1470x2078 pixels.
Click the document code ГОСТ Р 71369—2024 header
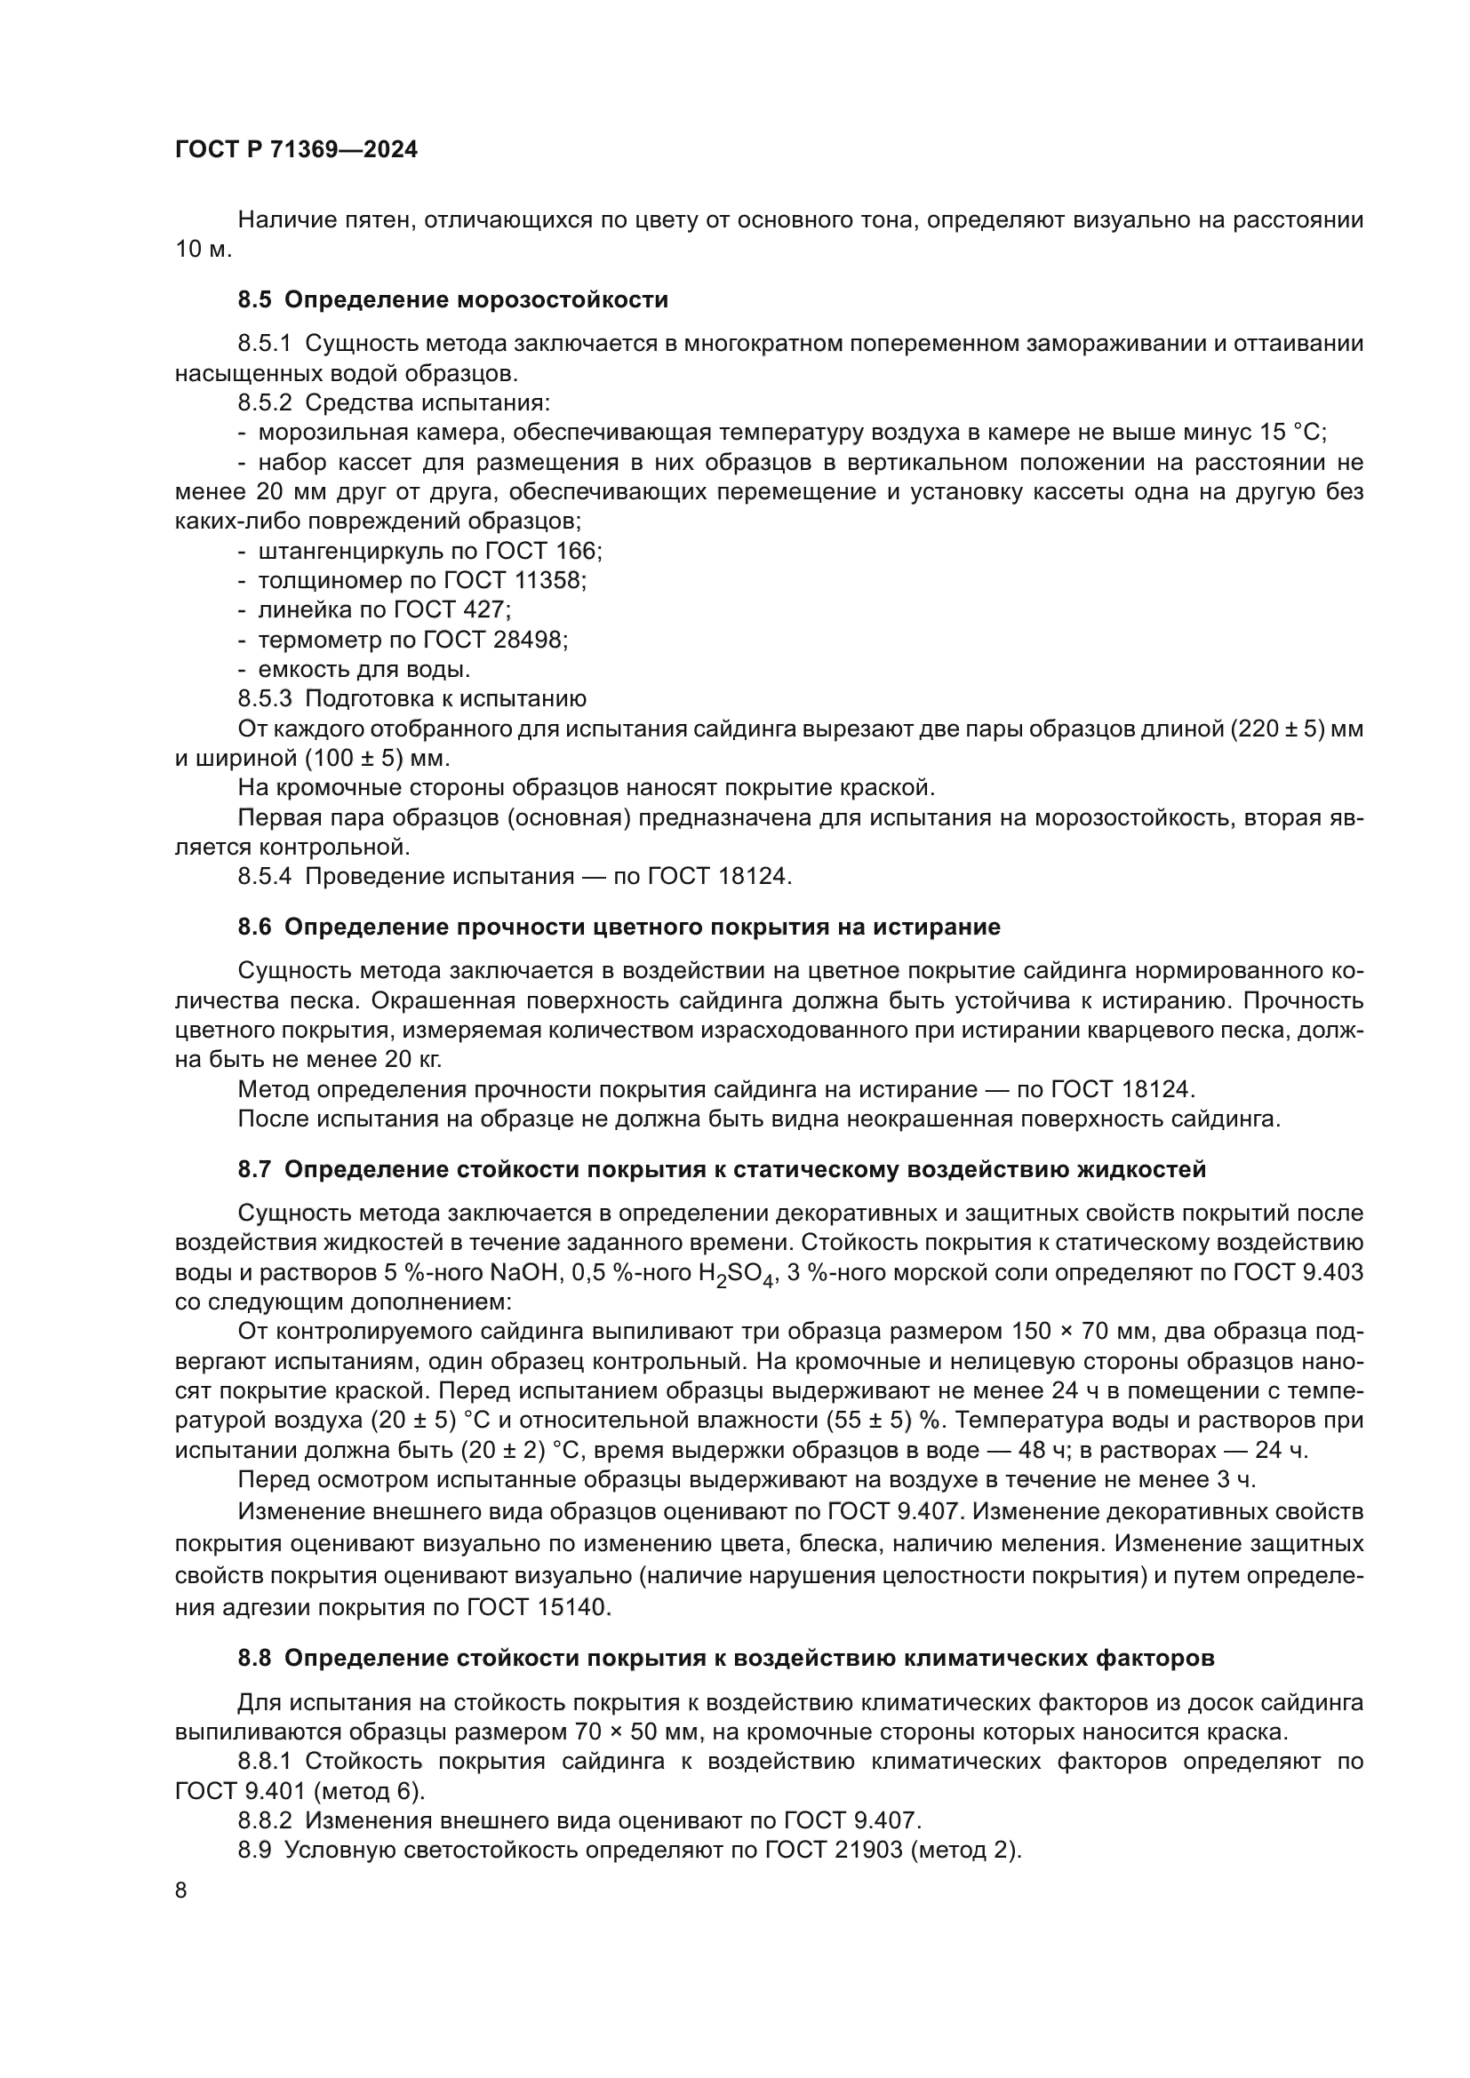296,149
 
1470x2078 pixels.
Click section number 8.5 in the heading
254,299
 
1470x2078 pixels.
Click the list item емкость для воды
364,670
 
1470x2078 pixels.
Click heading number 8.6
254,927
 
